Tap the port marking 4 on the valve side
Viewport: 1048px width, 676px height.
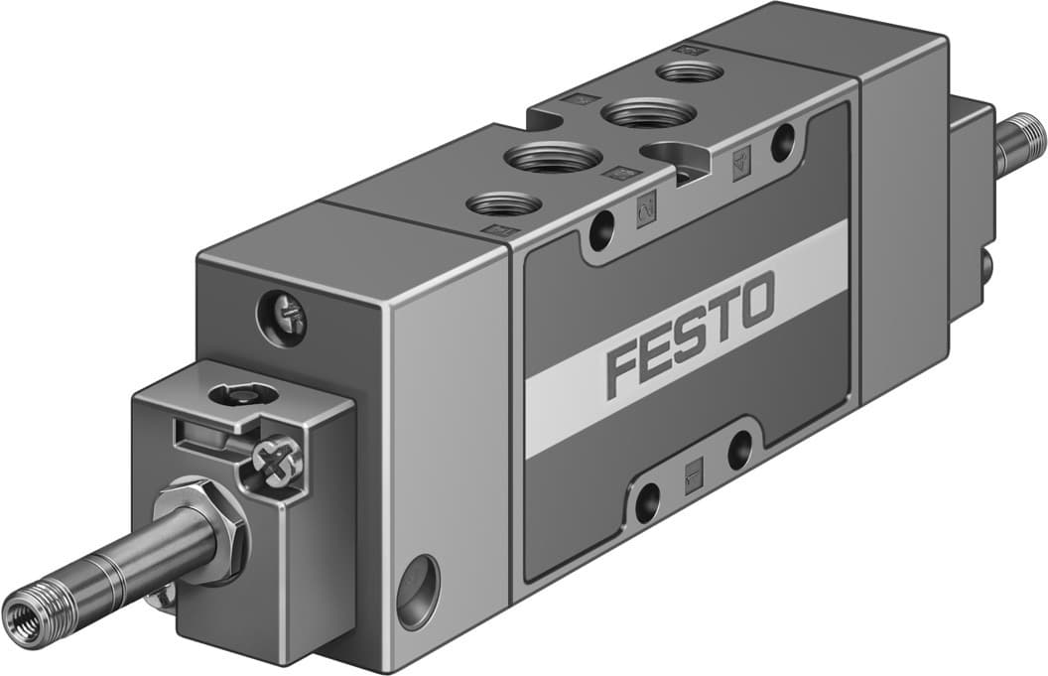(x=741, y=166)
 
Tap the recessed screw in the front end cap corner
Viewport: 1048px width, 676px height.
(x=282, y=318)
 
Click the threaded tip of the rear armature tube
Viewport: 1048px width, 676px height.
(x=1023, y=136)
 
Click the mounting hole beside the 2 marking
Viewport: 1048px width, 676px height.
(x=601, y=232)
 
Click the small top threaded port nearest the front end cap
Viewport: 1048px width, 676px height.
(x=503, y=203)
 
